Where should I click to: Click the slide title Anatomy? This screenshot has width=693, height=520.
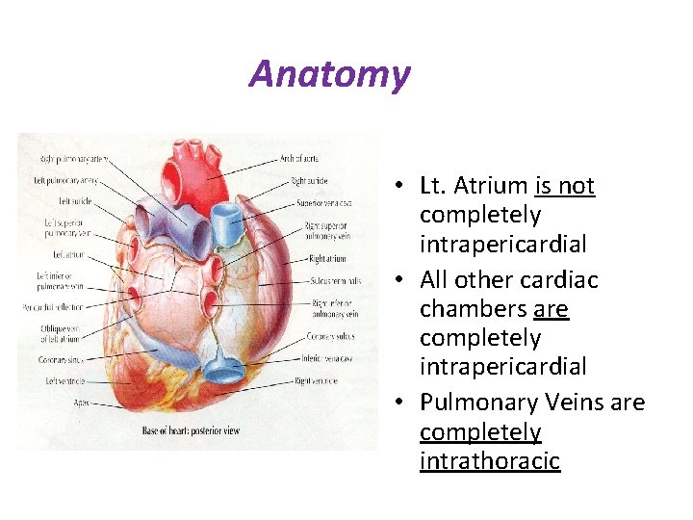pyautogui.click(x=329, y=73)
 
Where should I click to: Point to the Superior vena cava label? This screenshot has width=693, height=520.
pyautogui.click(x=325, y=203)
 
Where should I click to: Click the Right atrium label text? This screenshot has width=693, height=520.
pyautogui.click(x=327, y=258)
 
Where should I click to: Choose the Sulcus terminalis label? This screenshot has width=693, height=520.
pyautogui.click(x=335, y=280)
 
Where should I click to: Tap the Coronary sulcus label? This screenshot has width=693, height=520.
pyautogui.click(x=332, y=336)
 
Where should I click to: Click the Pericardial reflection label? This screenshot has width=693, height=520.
pyautogui.click(x=52, y=308)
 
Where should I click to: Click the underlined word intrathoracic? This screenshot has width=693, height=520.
pyautogui.click(x=489, y=461)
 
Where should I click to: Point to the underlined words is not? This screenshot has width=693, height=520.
pyautogui.click(x=565, y=186)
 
